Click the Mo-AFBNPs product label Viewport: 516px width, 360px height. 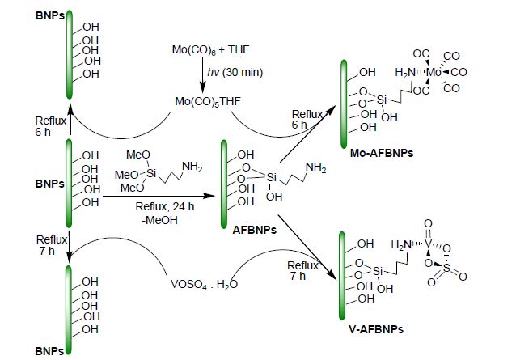[x=382, y=153]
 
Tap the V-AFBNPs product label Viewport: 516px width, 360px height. [x=376, y=329]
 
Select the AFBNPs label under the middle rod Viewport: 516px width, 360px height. [x=255, y=230]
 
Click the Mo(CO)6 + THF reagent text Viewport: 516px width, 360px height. [x=210, y=49]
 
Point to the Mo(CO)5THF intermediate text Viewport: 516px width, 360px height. [x=208, y=101]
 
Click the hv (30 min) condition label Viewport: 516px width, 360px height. [x=235, y=72]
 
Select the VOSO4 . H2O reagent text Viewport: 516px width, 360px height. [x=204, y=284]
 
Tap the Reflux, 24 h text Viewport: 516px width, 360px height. [x=164, y=206]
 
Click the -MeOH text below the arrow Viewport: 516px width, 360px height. [x=159, y=220]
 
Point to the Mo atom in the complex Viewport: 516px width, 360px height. [x=434, y=72]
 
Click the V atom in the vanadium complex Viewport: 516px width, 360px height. [x=428, y=244]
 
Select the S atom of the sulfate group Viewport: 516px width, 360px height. [x=446, y=268]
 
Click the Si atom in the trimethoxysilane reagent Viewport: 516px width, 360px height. [x=151, y=173]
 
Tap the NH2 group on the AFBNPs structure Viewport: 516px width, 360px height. [x=316, y=167]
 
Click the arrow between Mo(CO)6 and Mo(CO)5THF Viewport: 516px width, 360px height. [x=203, y=75]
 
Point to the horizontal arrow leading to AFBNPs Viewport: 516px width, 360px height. [x=159, y=196]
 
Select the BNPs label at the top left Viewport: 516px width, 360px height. [x=50, y=16]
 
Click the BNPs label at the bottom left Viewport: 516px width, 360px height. [x=49, y=351]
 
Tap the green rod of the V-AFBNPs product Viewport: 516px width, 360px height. [x=342, y=276]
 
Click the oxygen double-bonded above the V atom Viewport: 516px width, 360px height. [x=428, y=224]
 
